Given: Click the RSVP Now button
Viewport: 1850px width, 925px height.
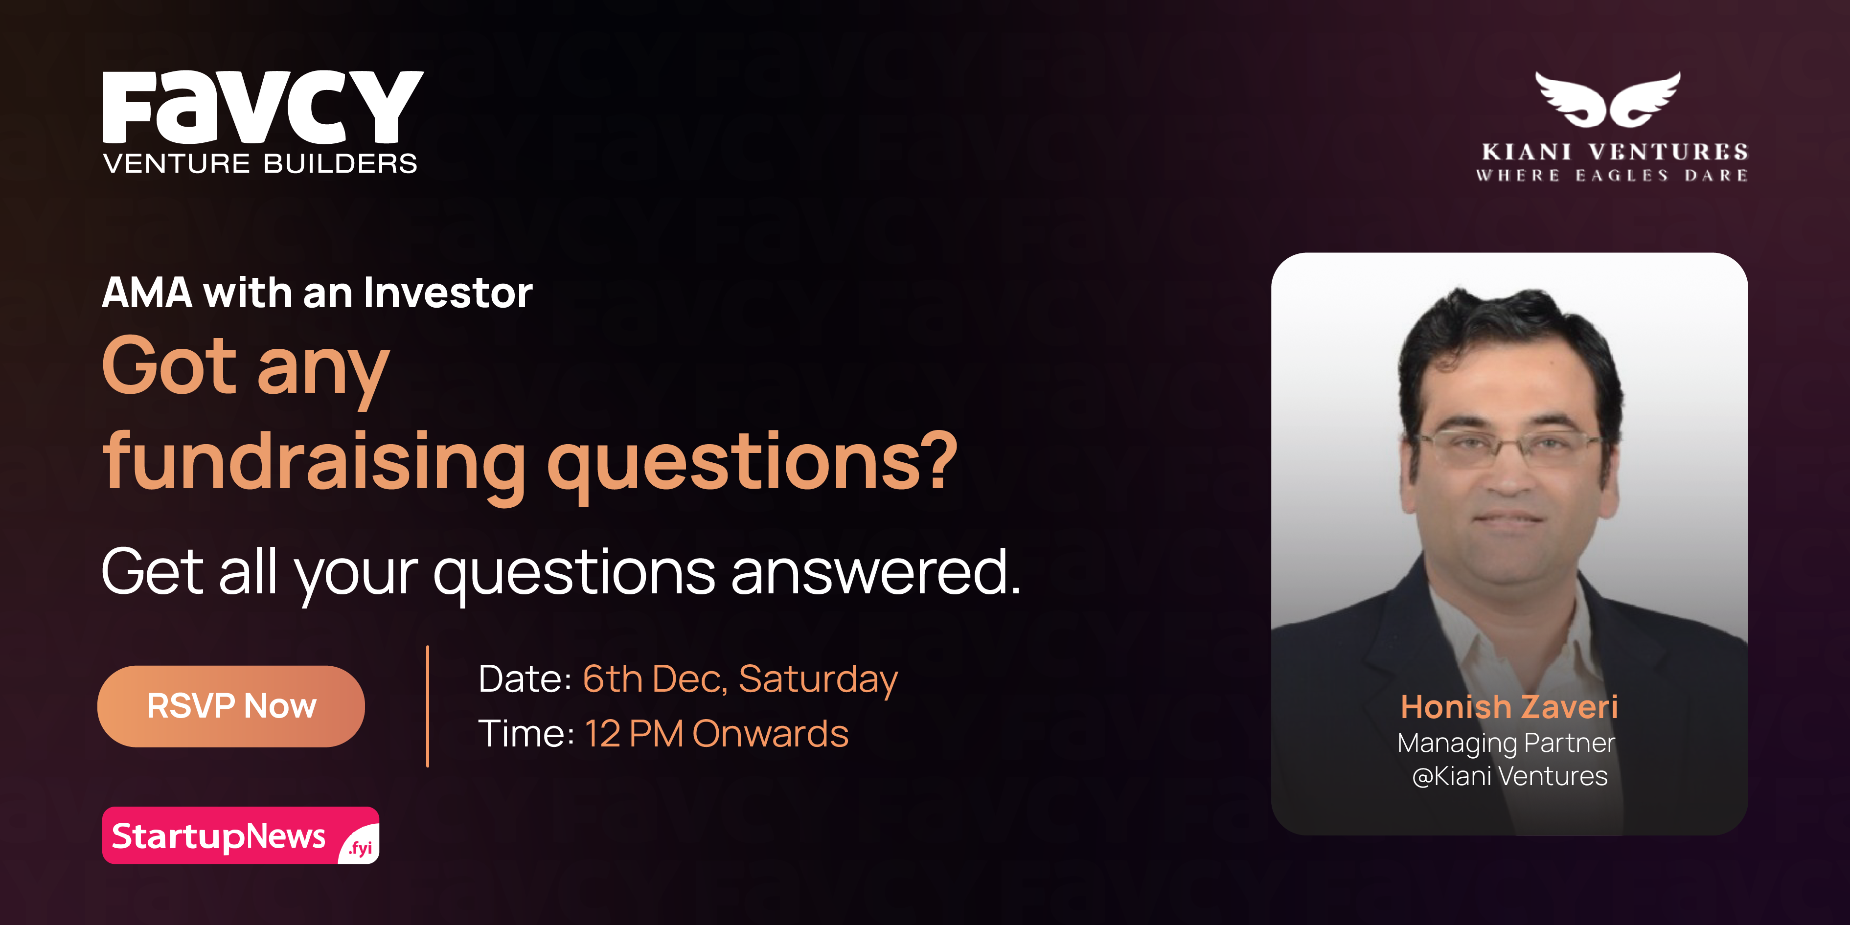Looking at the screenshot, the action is coord(231,706).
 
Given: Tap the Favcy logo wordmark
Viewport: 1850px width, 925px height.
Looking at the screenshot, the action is coord(263,107).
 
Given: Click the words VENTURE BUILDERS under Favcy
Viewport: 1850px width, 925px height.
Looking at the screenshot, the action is coord(260,164).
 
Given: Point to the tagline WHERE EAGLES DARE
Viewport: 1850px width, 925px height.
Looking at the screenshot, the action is coord(1612,175).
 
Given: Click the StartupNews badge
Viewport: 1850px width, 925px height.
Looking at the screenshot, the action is coord(241,835).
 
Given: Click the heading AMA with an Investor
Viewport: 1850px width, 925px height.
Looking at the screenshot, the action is coord(317,293).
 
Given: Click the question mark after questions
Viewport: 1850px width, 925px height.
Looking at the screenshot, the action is coord(935,460).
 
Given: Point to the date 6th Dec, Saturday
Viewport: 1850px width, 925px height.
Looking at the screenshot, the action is coord(740,679).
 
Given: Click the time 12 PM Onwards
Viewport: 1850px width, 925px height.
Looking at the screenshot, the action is coord(717,734).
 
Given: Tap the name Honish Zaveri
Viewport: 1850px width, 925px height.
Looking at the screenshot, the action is coord(1509,707).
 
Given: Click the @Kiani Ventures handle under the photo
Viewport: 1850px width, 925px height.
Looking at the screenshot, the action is coord(1509,776).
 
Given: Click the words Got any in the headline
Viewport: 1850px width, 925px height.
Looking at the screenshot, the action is coord(246,368).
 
